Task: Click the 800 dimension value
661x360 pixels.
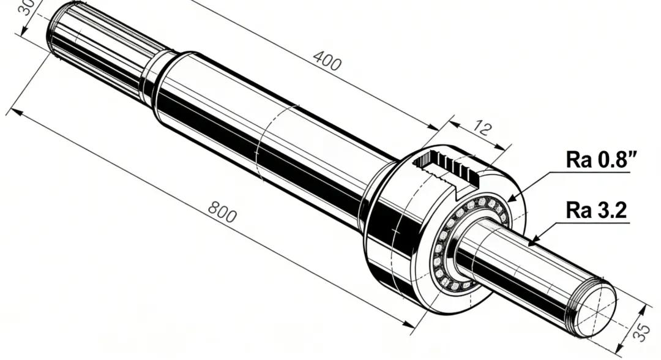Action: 222,212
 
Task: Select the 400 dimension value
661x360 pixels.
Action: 327,60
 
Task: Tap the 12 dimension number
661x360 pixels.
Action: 482,127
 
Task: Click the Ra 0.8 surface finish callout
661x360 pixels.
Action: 601,160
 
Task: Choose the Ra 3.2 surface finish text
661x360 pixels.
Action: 597,210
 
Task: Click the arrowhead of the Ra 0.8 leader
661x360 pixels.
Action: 511,198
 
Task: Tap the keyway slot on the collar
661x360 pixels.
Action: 447,167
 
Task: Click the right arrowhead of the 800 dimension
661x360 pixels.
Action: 409,324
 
